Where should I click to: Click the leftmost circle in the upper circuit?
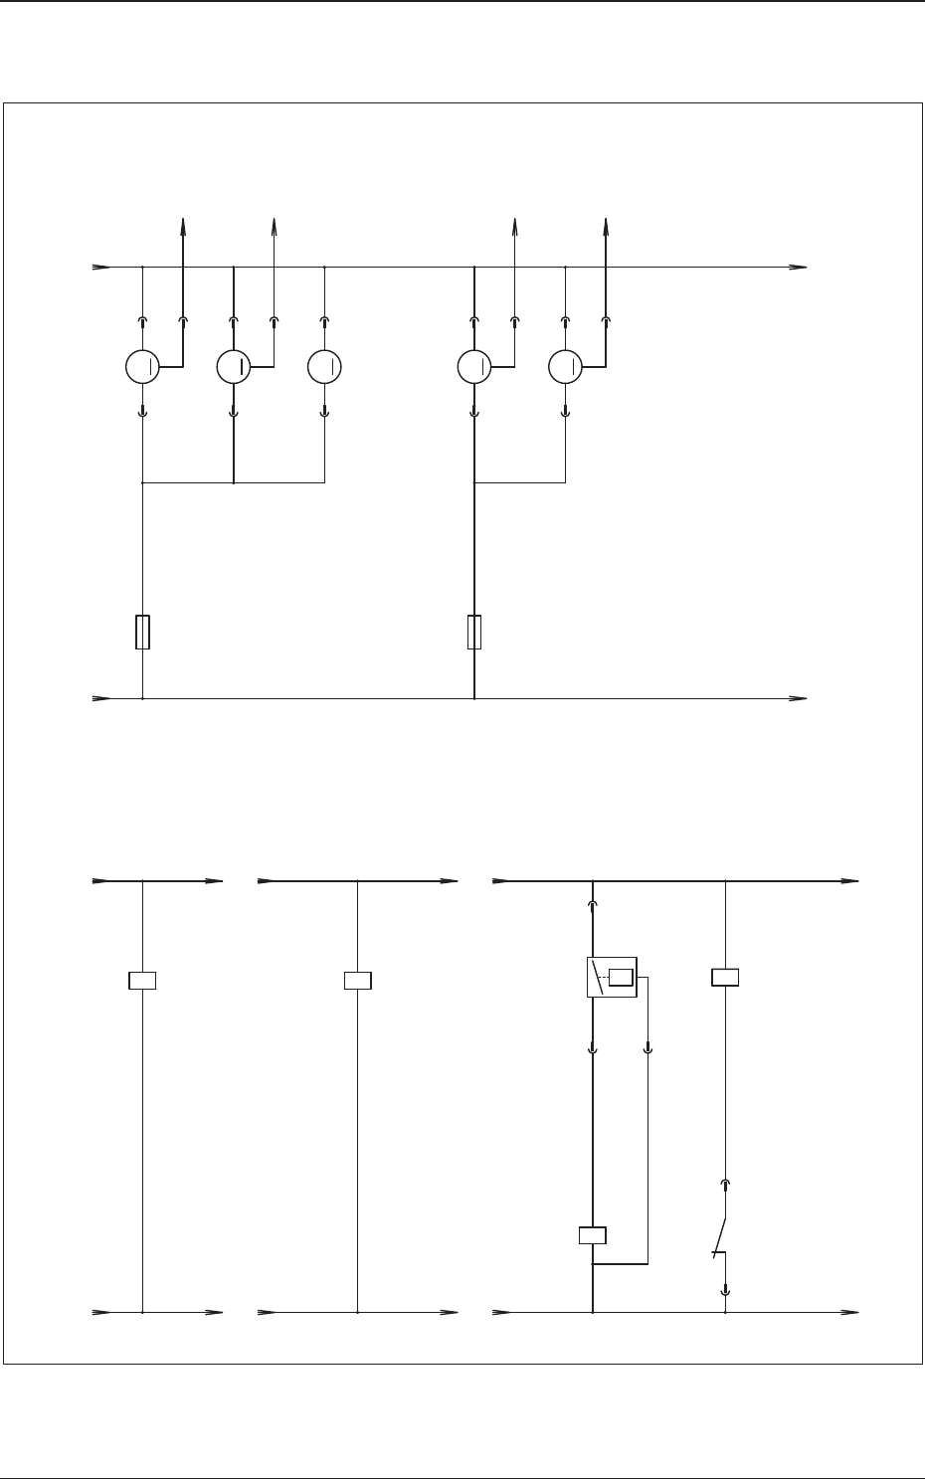(x=142, y=367)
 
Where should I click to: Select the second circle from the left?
(x=233, y=367)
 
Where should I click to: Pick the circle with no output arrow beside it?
(x=325, y=367)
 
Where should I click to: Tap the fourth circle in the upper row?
(x=473, y=367)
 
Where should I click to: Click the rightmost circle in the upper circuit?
(x=566, y=367)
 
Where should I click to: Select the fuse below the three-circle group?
(x=142, y=633)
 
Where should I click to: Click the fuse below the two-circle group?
(x=474, y=633)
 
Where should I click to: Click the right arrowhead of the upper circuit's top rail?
(x=799, y=267)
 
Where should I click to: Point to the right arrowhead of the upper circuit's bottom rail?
(x=799, y=698)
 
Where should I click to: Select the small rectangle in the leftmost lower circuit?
(x=143, y=981)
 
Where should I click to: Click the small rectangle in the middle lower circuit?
(x=357, y=981)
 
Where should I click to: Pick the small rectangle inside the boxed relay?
(x=622, y=977)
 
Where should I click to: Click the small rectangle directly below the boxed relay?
(x=593, y=1235)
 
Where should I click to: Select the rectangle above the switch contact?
(x=725, y=977)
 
